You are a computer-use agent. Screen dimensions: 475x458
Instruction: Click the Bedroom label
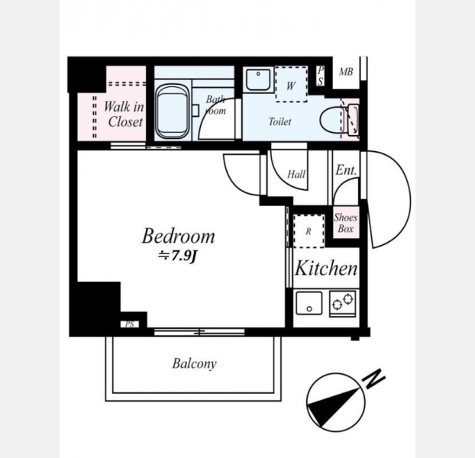178,236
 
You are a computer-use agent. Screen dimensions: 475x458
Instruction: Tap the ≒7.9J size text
177,256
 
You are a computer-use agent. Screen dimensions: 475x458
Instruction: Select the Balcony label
194,363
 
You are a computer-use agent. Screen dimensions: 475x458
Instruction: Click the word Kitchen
326,268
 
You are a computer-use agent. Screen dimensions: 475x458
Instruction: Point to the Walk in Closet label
124,114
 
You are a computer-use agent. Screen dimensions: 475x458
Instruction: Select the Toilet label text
280,121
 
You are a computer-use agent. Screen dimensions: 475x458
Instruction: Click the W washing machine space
291,84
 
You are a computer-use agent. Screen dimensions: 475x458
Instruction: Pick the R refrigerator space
309,231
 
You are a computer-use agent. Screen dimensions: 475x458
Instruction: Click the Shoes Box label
346,223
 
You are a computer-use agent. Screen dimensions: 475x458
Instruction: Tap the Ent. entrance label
346,170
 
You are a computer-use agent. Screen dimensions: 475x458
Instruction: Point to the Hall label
296,174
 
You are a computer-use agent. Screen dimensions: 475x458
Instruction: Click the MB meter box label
346,72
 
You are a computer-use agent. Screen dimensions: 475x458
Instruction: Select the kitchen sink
309,303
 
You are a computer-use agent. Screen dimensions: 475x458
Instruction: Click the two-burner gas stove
342,304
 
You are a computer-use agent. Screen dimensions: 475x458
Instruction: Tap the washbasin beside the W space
258,79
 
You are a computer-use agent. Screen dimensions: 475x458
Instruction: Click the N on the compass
374,379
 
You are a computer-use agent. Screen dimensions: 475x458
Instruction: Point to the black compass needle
333,404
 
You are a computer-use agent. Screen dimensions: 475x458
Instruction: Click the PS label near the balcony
130,324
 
